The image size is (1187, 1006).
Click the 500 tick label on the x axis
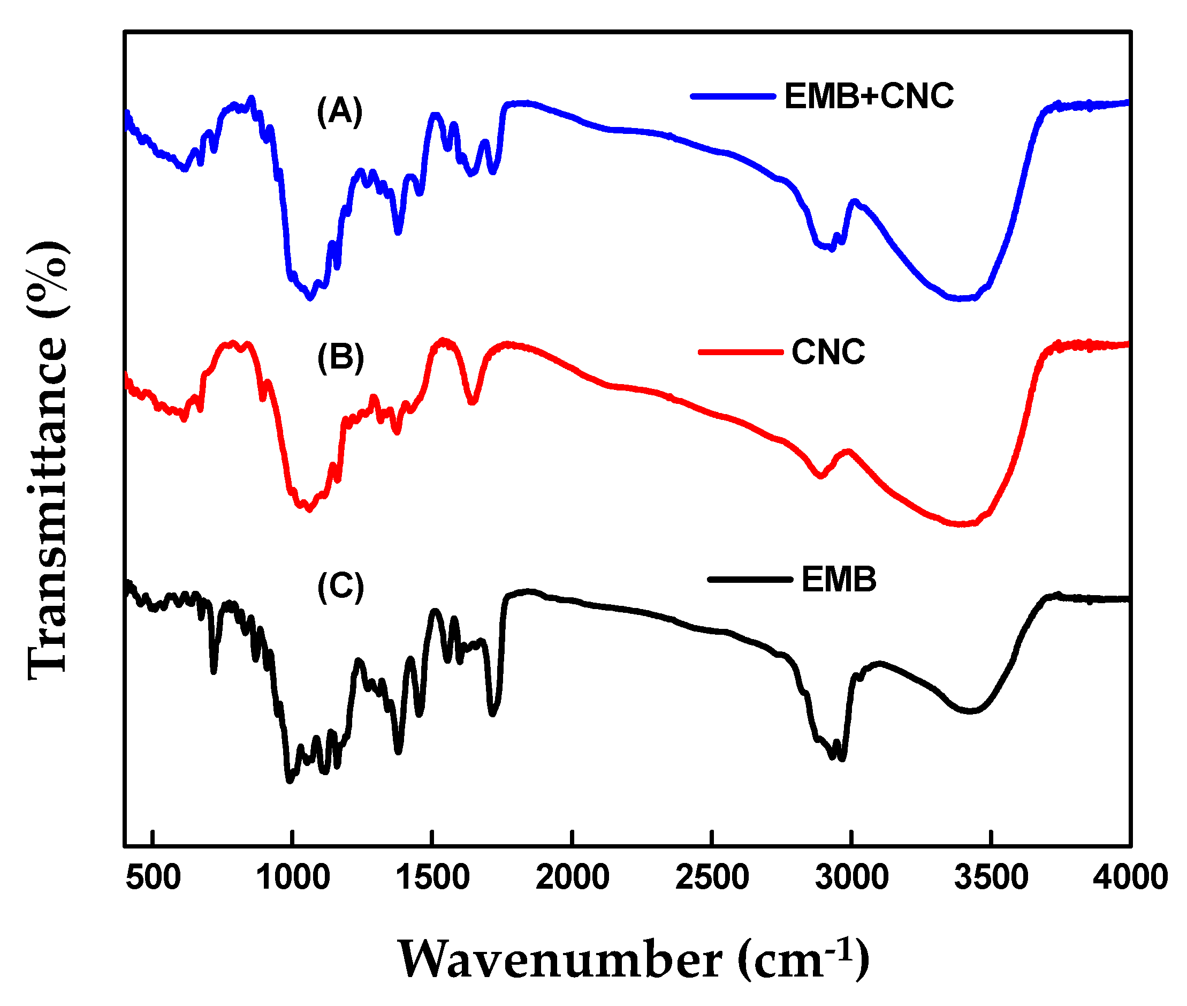(x=153, y=877)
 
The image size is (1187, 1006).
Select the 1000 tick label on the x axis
(x=293, y=877)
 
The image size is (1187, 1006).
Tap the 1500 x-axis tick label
(x=432, y=877)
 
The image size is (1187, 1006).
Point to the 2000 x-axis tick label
(x=572, y=877)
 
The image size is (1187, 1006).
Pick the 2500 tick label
(x=712, y=877)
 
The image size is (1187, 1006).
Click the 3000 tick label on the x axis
(x=851, y=877)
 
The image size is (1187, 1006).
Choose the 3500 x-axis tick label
(x=991, y=877)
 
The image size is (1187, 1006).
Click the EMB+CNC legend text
(x=869, y=96)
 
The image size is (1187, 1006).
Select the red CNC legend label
(x=828, y=352)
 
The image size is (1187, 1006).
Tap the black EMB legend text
(x=838, y=580)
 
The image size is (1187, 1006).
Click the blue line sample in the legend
(x=733, y=96)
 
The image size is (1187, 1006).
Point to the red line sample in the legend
(x=740, y=352)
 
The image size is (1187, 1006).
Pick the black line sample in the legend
(x=749, y=580)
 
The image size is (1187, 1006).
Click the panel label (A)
(x=340, y=111)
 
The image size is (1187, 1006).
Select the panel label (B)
(x=340, y=358)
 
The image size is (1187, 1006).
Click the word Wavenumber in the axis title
(x=560, y=960)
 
